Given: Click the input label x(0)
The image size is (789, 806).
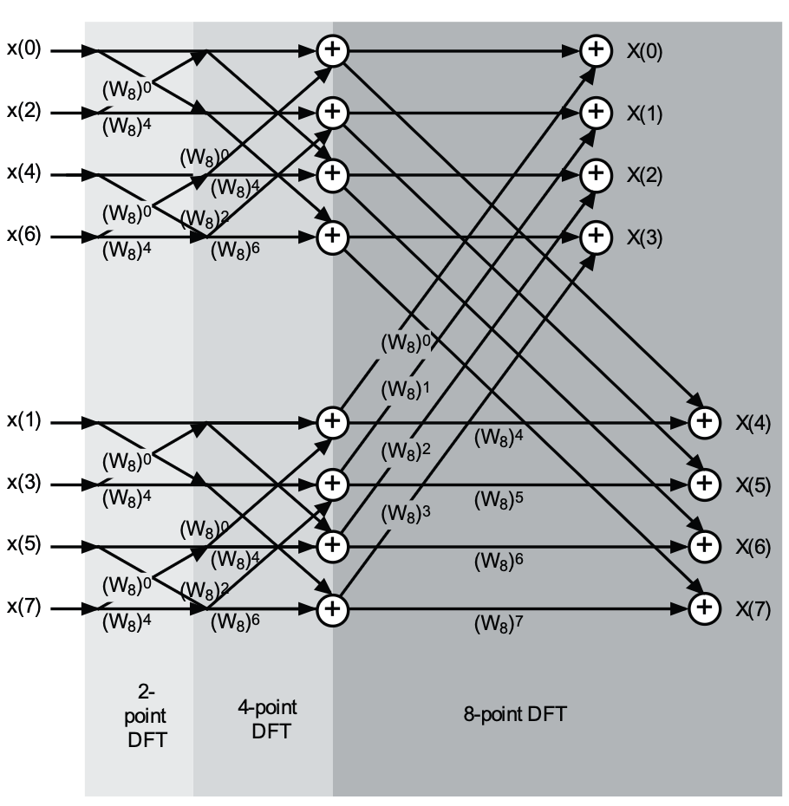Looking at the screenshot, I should point(23,49).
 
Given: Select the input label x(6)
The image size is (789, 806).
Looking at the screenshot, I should point(23,236).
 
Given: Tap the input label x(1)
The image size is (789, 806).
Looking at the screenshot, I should point(23,422).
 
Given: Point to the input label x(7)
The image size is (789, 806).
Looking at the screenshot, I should point(23,608).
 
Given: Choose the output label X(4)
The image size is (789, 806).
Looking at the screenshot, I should point(753,423).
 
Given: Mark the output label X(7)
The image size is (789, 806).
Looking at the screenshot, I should point(753,609).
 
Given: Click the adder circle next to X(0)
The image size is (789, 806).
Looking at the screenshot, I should point(595,50).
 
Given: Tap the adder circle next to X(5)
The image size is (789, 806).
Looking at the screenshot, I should point(705,484).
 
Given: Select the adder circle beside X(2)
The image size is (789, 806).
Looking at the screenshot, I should point(595,174).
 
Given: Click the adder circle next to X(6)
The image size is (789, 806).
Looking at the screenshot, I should point(705,545).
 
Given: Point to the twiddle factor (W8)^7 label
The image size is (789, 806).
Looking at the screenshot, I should point(499,622).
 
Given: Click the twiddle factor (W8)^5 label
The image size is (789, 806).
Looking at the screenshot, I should point(499,500).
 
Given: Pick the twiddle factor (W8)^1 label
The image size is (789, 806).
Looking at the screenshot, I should point(406,389).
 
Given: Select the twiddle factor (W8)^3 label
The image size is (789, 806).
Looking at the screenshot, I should point(406,513).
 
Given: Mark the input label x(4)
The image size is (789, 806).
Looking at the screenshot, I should point(23,173).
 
